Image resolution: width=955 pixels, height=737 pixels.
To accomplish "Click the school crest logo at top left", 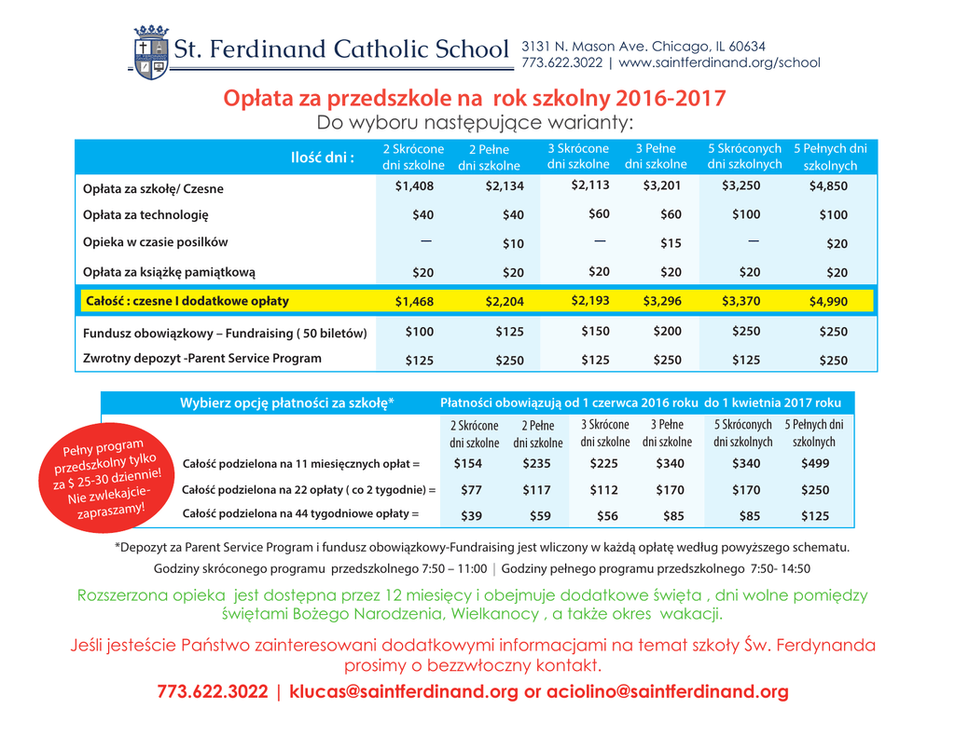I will [x=150, y=52].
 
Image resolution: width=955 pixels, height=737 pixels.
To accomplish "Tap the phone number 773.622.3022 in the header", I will [x=561, y=63].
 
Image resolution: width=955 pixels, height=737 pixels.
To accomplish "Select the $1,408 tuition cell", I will [x=414, y=185].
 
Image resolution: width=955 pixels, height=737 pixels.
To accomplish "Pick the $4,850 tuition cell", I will [x=829, y=185].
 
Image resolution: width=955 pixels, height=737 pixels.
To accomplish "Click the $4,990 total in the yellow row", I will [x=829, y=301].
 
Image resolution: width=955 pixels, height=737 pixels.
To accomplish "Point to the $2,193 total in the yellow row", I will [x=590, y=300].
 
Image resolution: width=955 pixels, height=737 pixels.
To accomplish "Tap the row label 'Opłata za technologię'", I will [x=145, y=215].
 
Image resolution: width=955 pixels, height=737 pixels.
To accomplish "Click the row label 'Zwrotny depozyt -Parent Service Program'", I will [x=202, y=359].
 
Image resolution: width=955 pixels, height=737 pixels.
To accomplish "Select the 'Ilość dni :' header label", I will [x=323, y=157].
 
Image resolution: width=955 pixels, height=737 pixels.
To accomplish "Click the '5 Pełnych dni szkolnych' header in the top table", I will [x=830, y=157].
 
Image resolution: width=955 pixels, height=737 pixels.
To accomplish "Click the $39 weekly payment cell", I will [x=474, y=515].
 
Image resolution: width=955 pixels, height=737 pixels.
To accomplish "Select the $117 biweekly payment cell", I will [x=536, y=490].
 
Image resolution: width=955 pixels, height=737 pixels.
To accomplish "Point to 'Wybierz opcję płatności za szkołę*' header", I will [x=286, y=403].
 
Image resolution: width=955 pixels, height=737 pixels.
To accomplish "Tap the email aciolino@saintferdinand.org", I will [x=668, y=692].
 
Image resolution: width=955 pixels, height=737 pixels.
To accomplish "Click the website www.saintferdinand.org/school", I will [x=719, y=63].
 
